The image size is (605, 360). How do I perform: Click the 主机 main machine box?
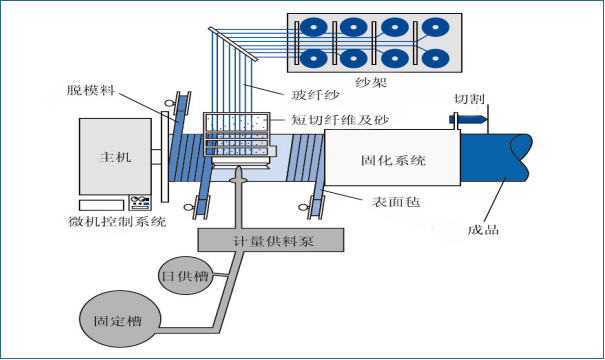coord(115,157)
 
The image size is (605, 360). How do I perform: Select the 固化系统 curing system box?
coord(392,157)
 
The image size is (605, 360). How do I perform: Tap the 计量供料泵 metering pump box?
coord(271,240)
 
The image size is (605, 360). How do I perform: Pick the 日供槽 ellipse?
coord(186,275)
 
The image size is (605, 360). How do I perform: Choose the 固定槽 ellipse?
coord(120,319)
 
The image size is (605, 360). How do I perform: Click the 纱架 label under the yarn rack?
coord(371,82)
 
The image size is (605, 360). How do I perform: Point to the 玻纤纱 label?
coord(315,95)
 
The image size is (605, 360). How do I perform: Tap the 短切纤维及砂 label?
coord(340,120)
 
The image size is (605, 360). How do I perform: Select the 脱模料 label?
coord(91,90)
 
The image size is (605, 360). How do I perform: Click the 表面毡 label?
coord(395,201)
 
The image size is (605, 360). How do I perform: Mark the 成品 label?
coord(483,230)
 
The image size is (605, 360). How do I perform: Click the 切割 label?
coord(469,99)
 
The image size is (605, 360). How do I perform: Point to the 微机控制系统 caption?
coord(117,221)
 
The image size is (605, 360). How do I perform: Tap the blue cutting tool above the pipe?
coord(466,119)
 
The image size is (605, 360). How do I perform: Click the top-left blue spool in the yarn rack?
coord(314,27)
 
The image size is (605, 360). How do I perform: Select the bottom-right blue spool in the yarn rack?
coord(435,59)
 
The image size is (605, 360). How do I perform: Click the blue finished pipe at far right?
coord(496,157)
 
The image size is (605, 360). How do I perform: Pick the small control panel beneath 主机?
coord(140,202)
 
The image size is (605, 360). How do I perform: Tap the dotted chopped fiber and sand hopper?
coord(236,134)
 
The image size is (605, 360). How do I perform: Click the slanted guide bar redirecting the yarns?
coord(233,44)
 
